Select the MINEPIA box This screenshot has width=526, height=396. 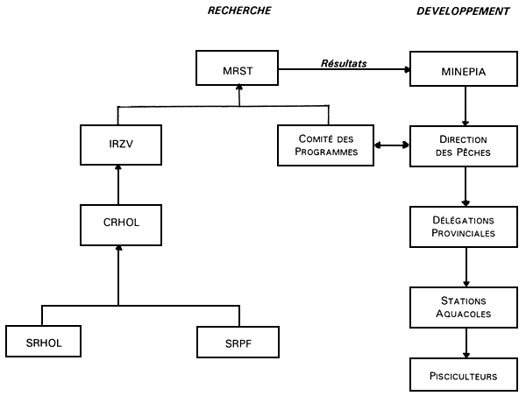pyautogui.click(x=465, y=68)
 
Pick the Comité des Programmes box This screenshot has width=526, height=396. pyautogui.click(x=326, y=145)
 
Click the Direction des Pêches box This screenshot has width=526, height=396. pyautogui.click(x=465, y=145)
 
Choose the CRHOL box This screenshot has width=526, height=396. pyautogui.click(x=118, y=224)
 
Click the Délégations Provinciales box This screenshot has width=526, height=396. pyautogui.click(x=465, y=226)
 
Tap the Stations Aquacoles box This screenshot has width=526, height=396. pyautogui.click(x=465, y=306)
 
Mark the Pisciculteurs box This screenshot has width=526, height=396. pyautogui.click(x=465, y=375)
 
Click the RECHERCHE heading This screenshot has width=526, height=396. pyautogui.click(x=238, y=11)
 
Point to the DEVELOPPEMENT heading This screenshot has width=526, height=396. pyautogui.click(x=464, y=11)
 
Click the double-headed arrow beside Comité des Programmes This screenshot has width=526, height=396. pyautogui.click(x=393, y=145)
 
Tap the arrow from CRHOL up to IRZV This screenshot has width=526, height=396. pyautogui.click(x=118, y=186)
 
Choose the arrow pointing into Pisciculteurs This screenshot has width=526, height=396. pyautogui.click(x=465, y=342)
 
